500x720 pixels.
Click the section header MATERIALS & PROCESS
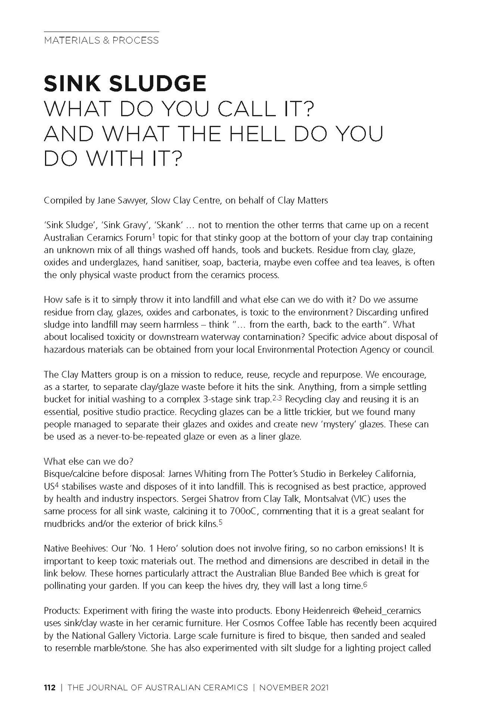101,40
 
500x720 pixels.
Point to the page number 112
50,688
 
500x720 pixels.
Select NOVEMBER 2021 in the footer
294,688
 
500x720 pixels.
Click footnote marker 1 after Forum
153,236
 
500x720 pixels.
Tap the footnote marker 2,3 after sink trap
277,398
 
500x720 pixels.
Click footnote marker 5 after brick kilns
220,522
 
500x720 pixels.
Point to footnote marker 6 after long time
365,584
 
